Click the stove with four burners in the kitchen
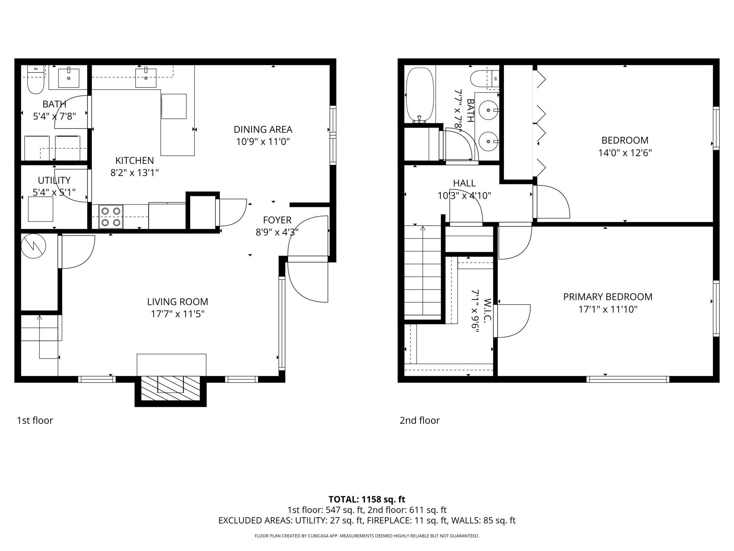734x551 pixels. pyautogui.click(x=111, y=217)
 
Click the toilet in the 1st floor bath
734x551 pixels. pyautogui.click(x=35, y=81)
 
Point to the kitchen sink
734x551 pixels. pyautogui.click(x=146, y=78)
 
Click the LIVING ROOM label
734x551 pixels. pyautogui.click(x=178, y=302)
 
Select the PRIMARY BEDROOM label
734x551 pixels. pyautogui.click(x=608, y=297)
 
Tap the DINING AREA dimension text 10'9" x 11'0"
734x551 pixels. pyautogui.click(x=263, y=142)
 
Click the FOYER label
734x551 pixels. pyautogui.click(x=277, y=220)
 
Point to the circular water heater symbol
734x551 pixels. pyautogui.click(x=34, y=246)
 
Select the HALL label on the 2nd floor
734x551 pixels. pyautogui.click(x=464, y=183)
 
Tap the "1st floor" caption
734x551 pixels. pyautogui.click(x=35, y=420)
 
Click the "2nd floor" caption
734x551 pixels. pyautogui.click(x=420, y=420)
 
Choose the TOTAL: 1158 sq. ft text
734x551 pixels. pyautogui.click(x=367, y=499)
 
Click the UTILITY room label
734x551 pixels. pyautogui.click(x=54, y=180)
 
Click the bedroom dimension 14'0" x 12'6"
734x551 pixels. pyautogui.click(x=625, y=153)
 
